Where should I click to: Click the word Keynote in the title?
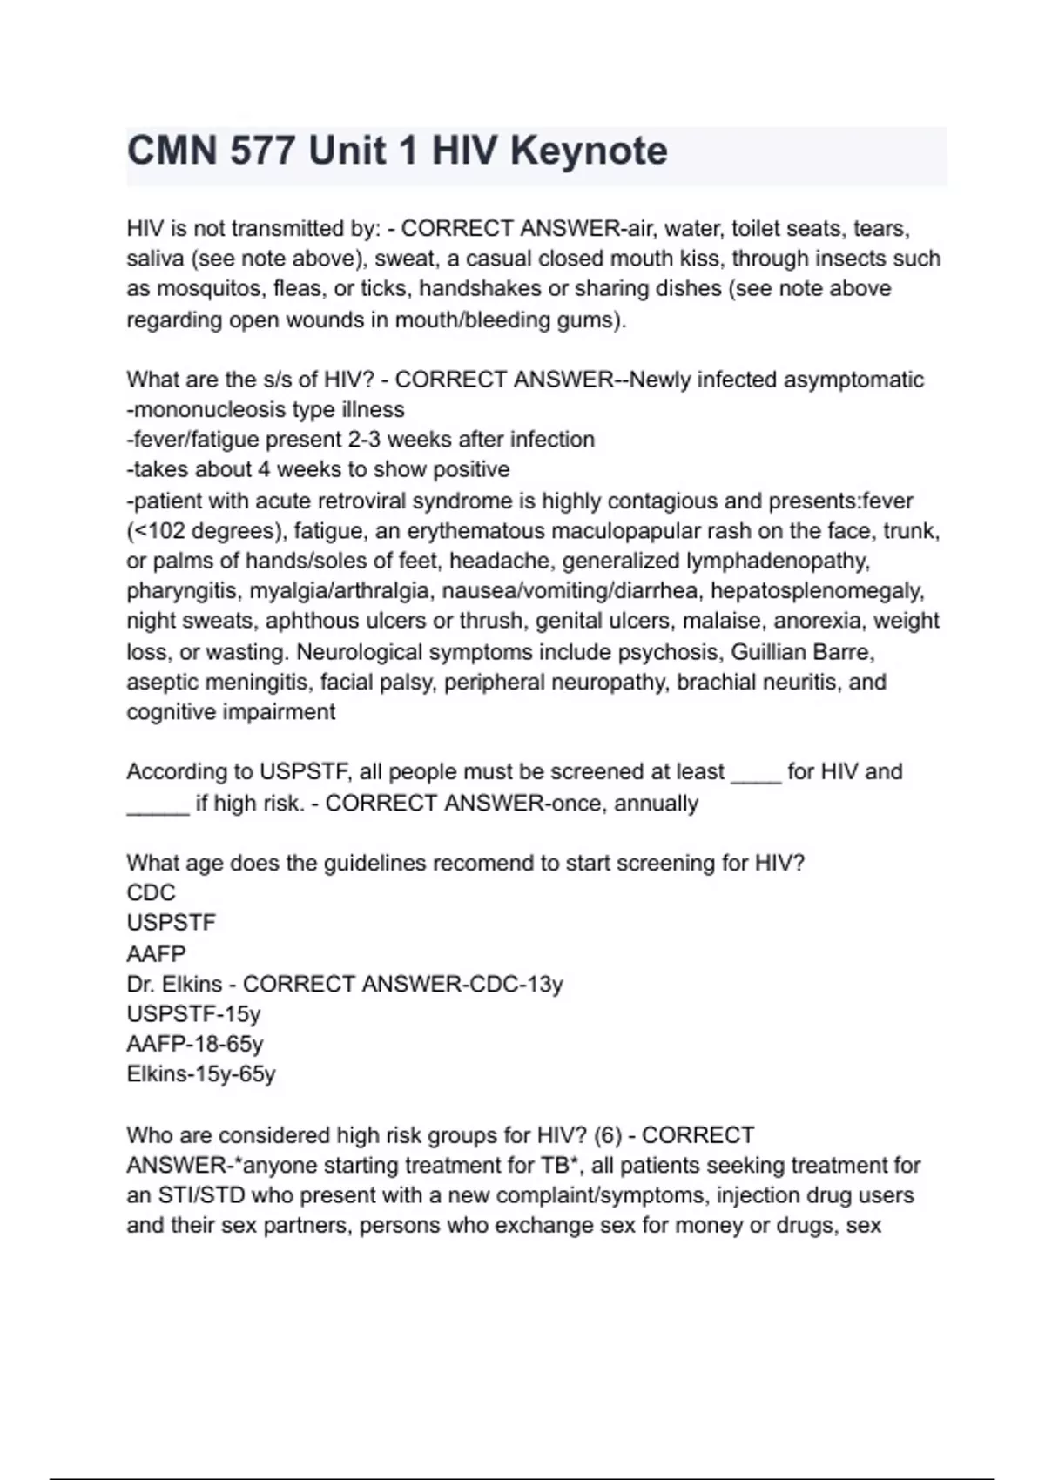click(x=589, y=151)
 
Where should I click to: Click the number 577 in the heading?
click(x=261, y=151)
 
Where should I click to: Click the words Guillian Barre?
click(x=801, y=652)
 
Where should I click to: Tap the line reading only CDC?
click(x=151, y=893)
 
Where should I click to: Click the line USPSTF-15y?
click(x=193, y=1014)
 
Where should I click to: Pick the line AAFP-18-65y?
click(x=195, y=1044)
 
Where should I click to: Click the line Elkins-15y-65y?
click(x=201, y=1074)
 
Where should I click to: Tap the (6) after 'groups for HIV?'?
click(x=607, y=1136)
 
